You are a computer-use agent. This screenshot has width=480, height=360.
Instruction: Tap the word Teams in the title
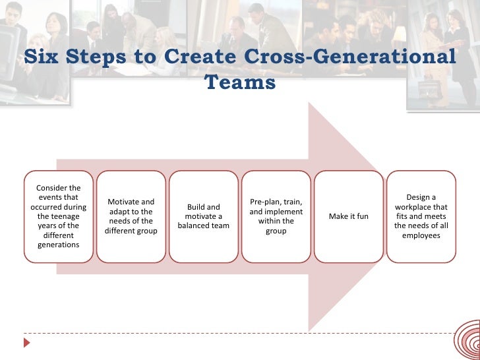(x=240, y=83)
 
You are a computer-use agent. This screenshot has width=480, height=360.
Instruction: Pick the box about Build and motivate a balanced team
(x=203, y=216)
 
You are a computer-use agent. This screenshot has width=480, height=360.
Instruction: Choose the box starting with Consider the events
(x=59, y=216)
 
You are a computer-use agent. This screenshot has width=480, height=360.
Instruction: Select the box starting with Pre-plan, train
(x=276, y=216)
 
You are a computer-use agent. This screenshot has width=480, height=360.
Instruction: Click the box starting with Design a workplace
(x=421, y=216)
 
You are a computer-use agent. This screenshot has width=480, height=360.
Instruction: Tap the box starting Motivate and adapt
(x=131, y=216)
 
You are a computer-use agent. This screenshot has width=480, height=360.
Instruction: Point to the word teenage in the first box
(x=65, y=216)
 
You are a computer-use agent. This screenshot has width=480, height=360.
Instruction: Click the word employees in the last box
(x=421, y=235)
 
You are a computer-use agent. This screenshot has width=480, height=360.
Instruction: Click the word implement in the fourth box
(x=284, y=212)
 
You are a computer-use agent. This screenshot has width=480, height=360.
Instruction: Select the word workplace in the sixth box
(x=421, y=207)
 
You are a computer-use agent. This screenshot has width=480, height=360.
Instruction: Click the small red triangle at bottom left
(x=27, y=343)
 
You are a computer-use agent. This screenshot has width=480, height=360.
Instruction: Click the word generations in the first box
(x=59, y=245)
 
